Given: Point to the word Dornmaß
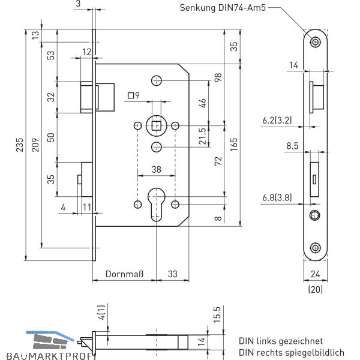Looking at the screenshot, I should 124,274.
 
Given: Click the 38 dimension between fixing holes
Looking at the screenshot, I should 156,170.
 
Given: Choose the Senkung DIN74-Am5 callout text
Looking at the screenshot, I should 222,8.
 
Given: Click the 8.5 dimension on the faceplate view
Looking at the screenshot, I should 292,145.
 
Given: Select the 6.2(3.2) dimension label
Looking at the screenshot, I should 277,121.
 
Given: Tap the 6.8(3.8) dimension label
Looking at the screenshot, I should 277,197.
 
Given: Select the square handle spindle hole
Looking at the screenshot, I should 156,125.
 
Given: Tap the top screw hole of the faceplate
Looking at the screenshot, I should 314,42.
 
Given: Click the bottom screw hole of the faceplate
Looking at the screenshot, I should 314,248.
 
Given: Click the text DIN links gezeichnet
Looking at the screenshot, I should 280,340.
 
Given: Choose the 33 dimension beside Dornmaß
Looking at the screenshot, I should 172,274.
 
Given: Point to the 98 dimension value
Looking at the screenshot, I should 218,77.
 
